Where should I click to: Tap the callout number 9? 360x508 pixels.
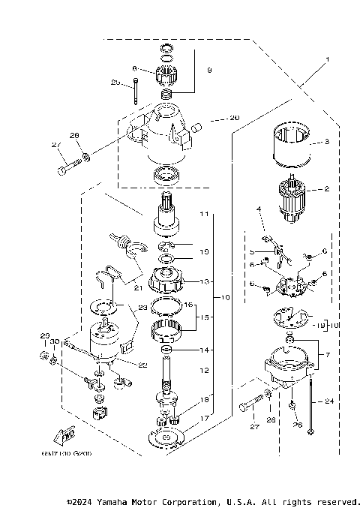[x=209, y=70]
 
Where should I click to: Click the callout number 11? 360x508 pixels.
[x=202, y=214]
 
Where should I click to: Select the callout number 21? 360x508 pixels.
[x=158, y=286]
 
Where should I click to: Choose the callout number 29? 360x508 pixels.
[x=44, y=335]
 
